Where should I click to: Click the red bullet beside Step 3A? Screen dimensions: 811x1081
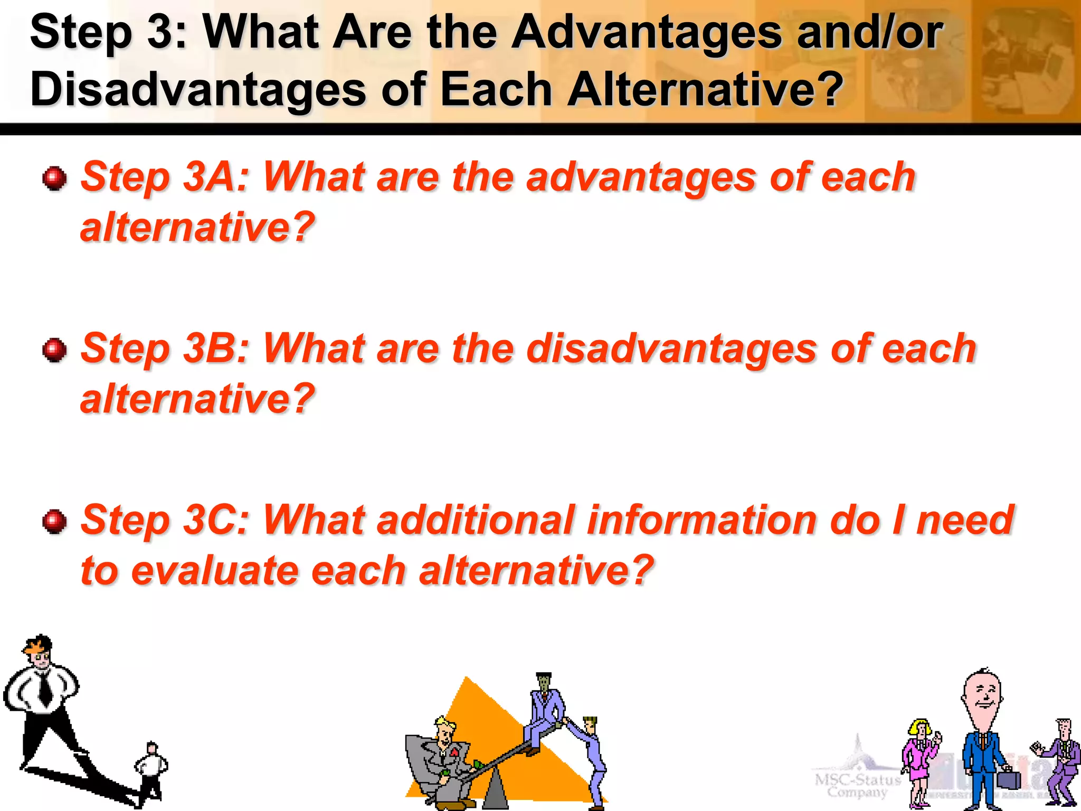pyautogui.click(x=54, y=178)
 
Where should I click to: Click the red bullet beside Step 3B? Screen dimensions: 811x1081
pyautogui.click(x=54, y=350)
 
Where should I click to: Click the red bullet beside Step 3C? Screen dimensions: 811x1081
pyautogui.click(x=54, y=522)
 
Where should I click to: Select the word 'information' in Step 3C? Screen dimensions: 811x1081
pyautogui.click(x=702, y=521)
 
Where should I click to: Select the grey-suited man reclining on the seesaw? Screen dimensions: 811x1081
pyautogui.click(x=441, y=760)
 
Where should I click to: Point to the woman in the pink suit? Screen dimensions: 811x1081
pyautogui.click(x=920, y=760)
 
